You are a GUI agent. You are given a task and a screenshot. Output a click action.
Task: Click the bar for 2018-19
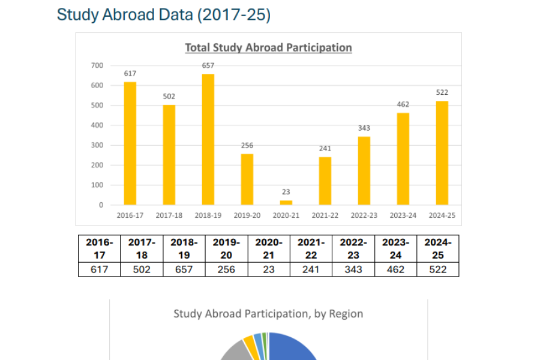pyautogui.click(x=208, y=139)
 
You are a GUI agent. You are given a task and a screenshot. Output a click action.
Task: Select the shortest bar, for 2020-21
pyautogui.click(x=286, y=203)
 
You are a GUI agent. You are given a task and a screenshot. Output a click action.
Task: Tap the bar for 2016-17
pyautogui.click(x=130, y=143)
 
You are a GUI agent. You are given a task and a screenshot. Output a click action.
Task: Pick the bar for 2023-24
pyautogui.click(x=403, y=159)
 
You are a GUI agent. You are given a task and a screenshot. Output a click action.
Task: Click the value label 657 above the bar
pyautogui.click(x=208, y=65)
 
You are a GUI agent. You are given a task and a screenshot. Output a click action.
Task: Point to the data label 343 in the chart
pyautogui.click(x=364, y=128)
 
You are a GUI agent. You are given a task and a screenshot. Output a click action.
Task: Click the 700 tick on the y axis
pyautogui.click(x=97, y=65)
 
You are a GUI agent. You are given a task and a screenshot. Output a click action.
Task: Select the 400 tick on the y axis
pyautogui.click(x=97, y=125)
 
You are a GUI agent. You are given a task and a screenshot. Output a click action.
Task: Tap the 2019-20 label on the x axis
pyautogui.click(x=247, y=215)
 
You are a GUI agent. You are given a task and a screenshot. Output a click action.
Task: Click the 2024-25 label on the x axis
pyautogui.click(x=442, y=215)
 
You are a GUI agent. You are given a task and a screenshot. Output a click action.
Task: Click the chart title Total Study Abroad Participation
pyautogui.click(x=268, y=47)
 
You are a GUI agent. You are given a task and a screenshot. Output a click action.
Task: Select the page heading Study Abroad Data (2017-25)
pyautogui.click(x=164, y=15)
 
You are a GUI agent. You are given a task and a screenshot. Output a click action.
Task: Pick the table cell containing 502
pyautogui.click(x=142, y=269)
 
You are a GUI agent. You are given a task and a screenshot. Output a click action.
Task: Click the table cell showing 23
pyautogui.click(x=269, y=269)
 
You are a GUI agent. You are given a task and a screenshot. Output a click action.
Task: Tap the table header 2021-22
pyautogui.click(x=311, y=248)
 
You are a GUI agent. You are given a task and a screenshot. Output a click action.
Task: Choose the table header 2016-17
pyautogui.click(x=100, y=248)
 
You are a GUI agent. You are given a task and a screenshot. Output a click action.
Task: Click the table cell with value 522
pyautogui.click(x=437, y=269)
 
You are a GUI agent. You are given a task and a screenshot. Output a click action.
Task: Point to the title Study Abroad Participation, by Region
pyautogui.click(x=268, y=314)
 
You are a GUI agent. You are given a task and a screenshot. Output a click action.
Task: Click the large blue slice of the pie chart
pyautogui.click(x=294, y=348)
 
